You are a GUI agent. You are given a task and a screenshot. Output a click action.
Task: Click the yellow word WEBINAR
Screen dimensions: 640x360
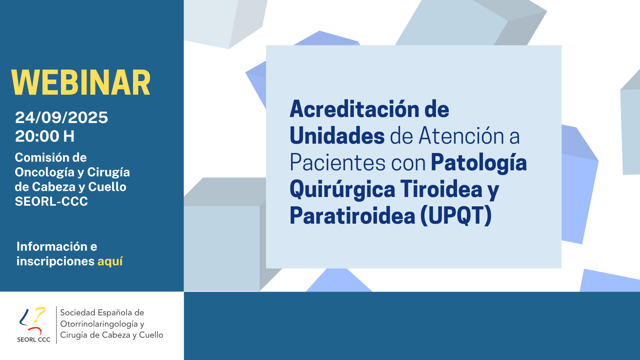81,83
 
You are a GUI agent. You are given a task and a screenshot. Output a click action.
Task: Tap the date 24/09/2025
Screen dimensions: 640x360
62,117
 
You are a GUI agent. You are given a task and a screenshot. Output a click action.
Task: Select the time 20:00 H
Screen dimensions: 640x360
45,136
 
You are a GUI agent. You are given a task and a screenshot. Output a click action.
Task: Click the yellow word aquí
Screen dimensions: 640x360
110,261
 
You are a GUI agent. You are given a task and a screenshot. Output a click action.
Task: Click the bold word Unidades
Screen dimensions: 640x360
337,136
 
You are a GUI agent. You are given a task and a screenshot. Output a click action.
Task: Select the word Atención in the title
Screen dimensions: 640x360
461,136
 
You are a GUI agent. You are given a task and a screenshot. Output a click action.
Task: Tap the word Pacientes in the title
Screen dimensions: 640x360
338,163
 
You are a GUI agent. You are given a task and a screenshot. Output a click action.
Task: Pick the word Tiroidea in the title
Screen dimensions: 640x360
441,189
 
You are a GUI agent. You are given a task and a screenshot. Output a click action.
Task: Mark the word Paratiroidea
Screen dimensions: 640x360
352,216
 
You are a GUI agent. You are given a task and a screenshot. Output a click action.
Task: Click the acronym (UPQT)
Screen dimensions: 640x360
456,216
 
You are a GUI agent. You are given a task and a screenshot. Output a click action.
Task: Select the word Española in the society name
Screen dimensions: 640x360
114,313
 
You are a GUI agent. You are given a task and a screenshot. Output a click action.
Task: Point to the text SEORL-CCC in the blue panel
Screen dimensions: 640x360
51,201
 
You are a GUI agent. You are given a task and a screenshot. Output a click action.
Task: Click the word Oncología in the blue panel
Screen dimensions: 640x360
45,173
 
